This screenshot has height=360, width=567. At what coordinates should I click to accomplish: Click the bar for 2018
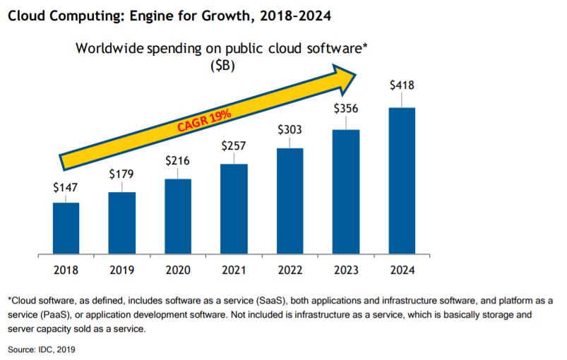click(x=66, y=228)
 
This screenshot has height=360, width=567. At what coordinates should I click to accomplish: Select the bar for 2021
click(x=234, y=208)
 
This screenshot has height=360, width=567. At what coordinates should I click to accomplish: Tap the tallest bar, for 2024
click(x=402, y=180)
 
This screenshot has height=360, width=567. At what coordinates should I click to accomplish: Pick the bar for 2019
click(x=121, y=222)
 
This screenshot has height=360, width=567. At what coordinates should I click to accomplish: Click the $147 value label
click(x=66, y=188)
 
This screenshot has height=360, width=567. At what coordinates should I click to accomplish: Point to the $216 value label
click(x=178, y=160)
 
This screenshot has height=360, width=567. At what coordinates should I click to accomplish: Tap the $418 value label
click(x=402, y=85)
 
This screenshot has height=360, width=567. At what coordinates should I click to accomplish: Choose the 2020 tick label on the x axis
click(x=178, y=270)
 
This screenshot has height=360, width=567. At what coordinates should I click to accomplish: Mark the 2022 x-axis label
click(x=290, y=270)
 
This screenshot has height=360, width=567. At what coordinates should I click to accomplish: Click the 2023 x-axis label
click(x=346, y=270)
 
